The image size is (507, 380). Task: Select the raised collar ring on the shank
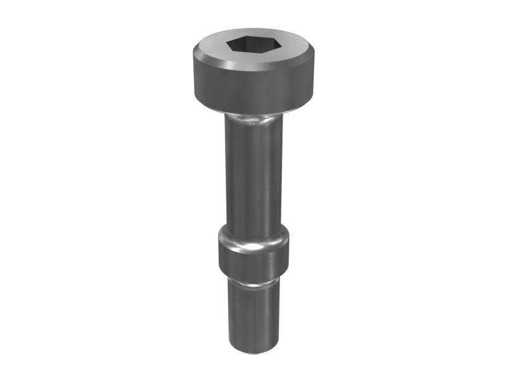point(253,253)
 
